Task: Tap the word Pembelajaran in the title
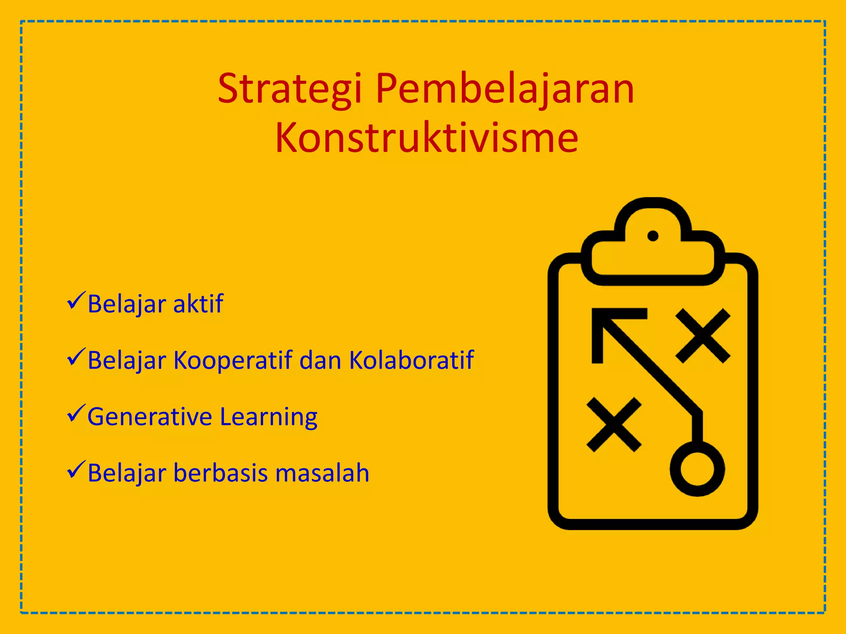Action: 504,89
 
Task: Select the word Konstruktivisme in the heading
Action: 426,138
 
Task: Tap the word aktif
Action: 198,304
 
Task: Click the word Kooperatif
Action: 233,360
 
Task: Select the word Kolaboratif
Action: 411,360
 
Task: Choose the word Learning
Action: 269,417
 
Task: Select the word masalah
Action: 322,473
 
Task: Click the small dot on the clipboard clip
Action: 653,236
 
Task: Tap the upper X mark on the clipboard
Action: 703,336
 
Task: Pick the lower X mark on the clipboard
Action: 614,424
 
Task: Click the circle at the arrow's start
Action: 697,469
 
